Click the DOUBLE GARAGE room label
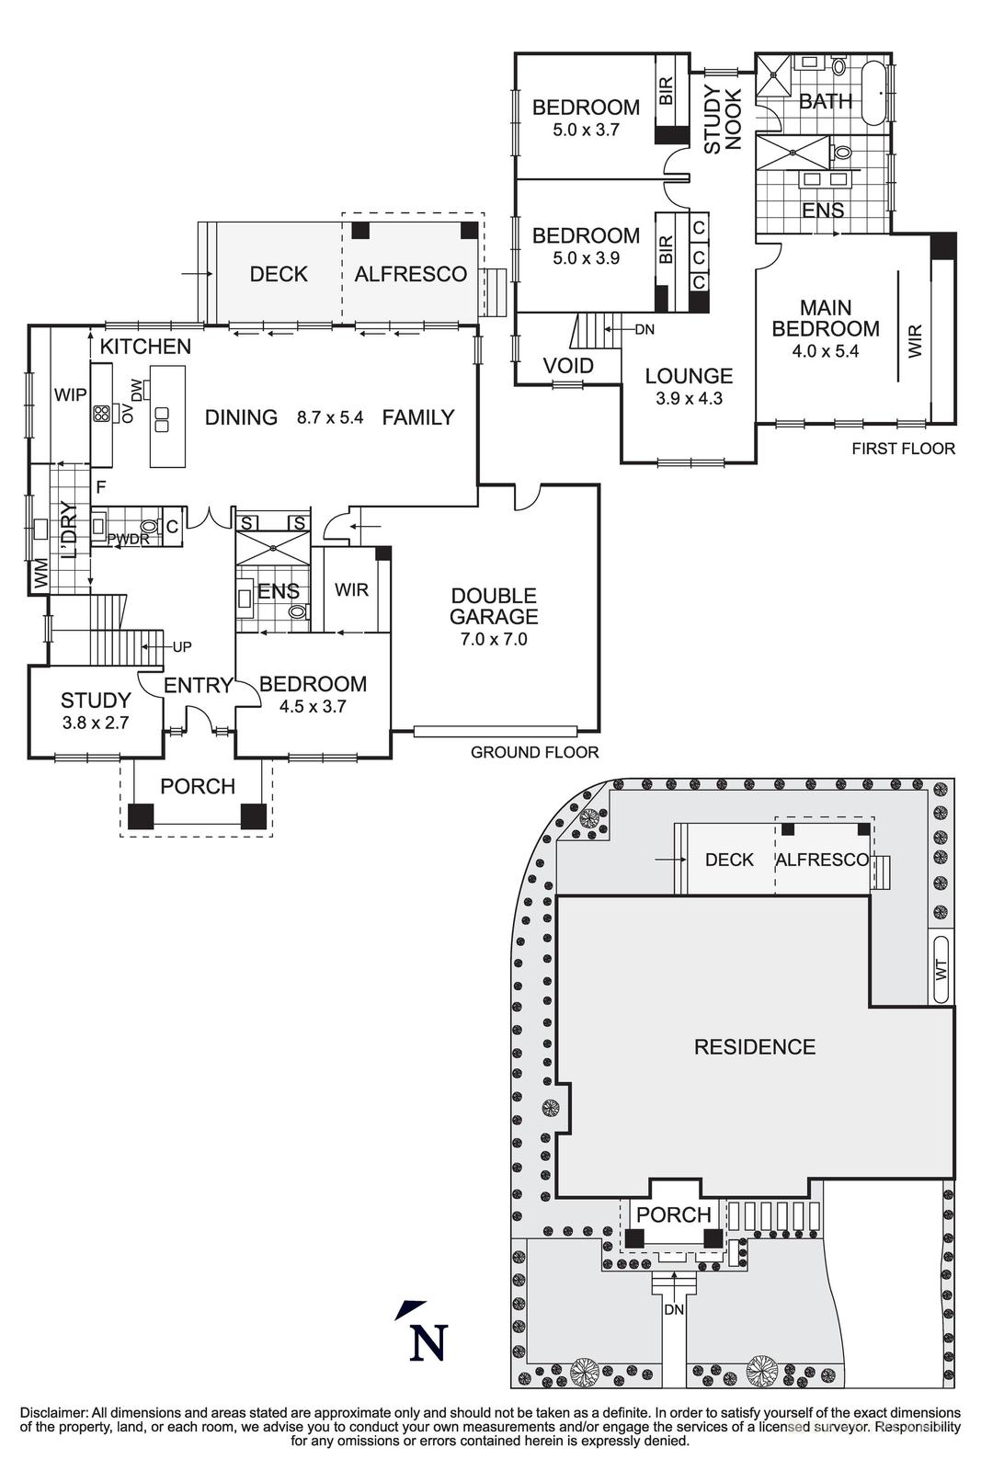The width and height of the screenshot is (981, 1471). pyautogui.click(x=494, y=607)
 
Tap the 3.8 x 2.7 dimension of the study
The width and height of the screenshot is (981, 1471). pyautogui.click(x=96, y=723)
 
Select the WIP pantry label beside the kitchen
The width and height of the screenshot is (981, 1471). pyautogui.click(x=71, y=395)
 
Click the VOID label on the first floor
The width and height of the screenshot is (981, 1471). pyautogui.click(x=568, y=366)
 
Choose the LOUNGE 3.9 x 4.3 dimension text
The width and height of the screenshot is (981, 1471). pyautogui.click(x=689, y=399)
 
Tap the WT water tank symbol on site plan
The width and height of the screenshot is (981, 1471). pyautogui.click(x=941, y=969)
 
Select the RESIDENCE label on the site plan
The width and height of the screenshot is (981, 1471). pyautogui.click(x=754, y=1047)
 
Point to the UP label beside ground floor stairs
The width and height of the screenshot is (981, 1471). pyautogui.click(x=182, y=647)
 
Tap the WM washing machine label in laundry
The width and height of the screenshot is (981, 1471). pyautogui.click(x=40, y=578)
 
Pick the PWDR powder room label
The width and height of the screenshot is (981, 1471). pyautogui.click(x=128, y=540)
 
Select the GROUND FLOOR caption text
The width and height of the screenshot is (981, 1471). pyautogui.click(x=534, y=752)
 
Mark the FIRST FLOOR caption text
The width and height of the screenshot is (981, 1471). pyautogui.click(x=903, y=449)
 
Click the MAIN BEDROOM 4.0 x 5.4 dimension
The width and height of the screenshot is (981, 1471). pyautogui.click(x=825, y=350)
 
